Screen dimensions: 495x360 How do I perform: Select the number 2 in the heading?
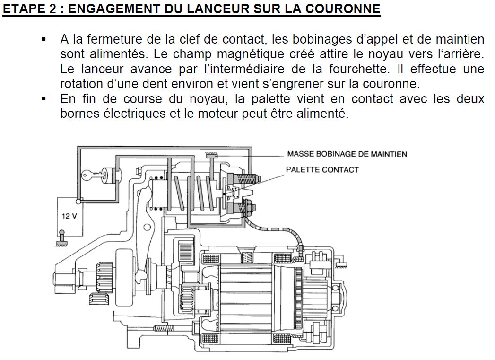(x=52, y=9)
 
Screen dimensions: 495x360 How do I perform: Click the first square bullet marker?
(x=44, y=39)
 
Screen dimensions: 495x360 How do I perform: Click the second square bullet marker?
(x=44, y=99)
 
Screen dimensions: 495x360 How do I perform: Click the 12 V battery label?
(x=69, y=216)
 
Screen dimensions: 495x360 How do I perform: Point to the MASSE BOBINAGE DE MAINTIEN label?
(x=347, y=154)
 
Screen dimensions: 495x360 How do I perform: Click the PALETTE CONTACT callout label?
(x=322, y=170)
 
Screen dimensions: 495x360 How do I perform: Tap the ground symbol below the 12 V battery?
(x=61, y=243)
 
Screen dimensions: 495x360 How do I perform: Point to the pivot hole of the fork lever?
(x=147, y=227)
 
